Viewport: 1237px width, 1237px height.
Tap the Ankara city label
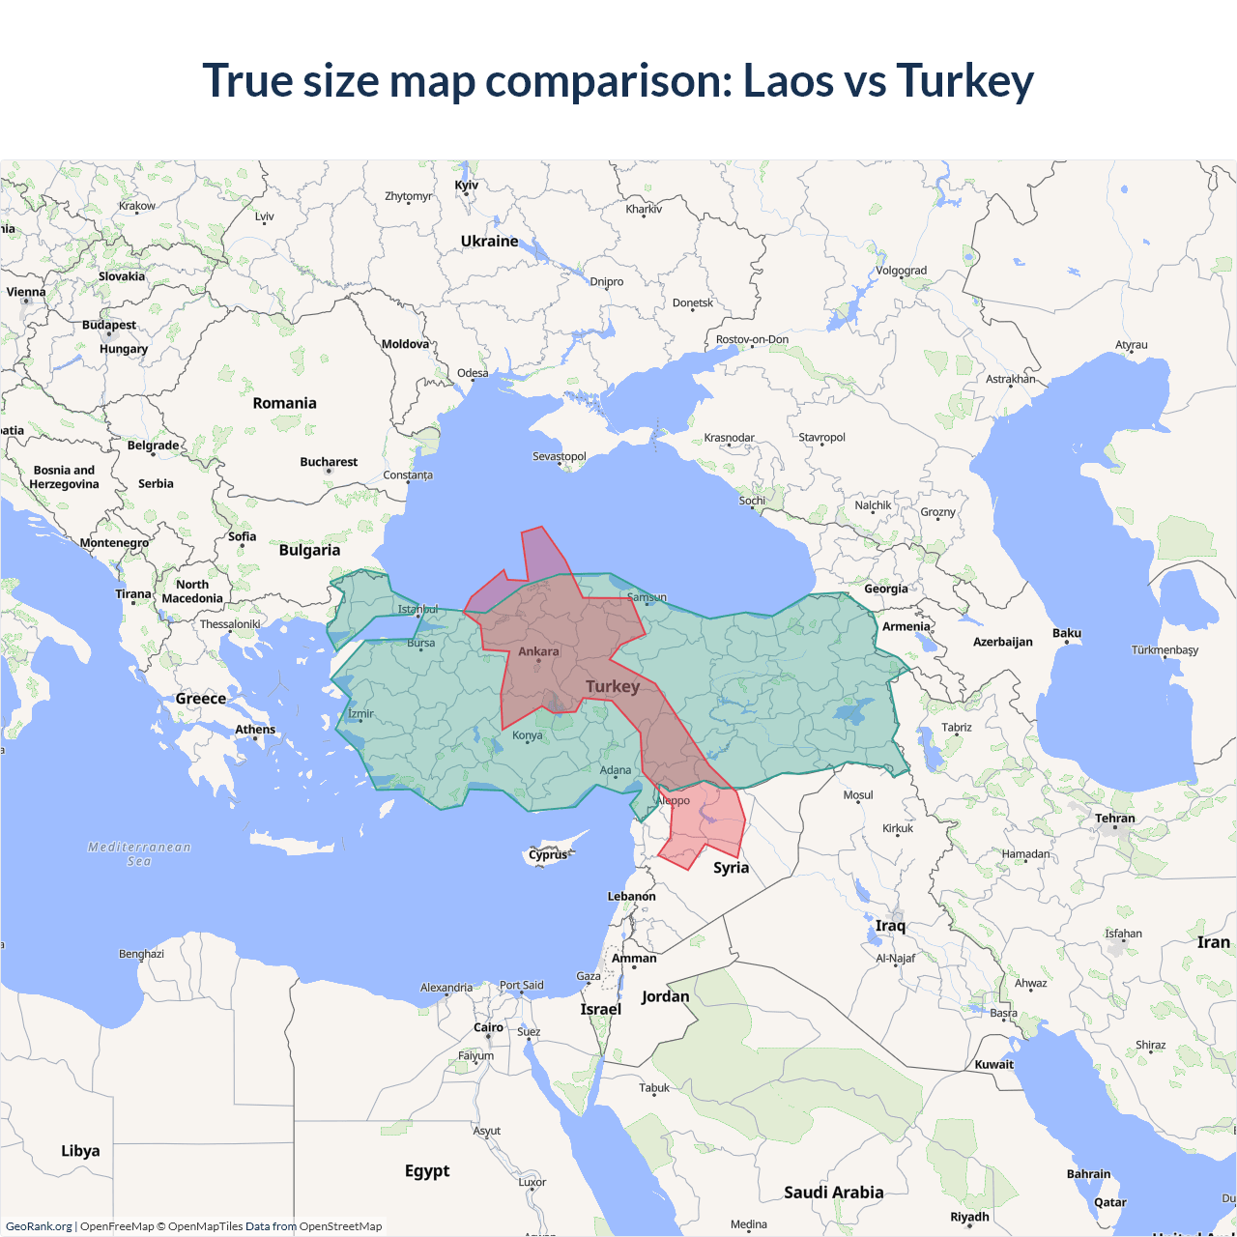538,651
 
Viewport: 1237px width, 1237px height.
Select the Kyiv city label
467,186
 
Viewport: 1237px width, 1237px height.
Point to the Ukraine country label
489,242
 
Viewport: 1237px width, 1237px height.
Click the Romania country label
284,403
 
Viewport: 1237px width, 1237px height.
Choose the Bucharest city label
329,462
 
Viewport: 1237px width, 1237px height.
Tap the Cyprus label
548,854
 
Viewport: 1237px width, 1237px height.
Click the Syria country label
731,868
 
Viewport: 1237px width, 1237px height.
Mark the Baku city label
1067,633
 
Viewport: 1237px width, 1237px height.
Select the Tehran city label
1115,819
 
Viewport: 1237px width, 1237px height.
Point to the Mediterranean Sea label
139,854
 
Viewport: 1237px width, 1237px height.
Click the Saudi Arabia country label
833,1193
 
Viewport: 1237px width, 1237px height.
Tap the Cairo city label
488,1027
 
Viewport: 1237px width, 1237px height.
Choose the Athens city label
255,730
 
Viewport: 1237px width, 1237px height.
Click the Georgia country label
885,589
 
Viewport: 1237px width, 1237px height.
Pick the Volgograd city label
901,271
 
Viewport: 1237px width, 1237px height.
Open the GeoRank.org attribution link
39,1226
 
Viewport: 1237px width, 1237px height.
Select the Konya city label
527,735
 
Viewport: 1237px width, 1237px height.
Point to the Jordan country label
665,996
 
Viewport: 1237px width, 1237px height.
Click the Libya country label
80,1151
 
